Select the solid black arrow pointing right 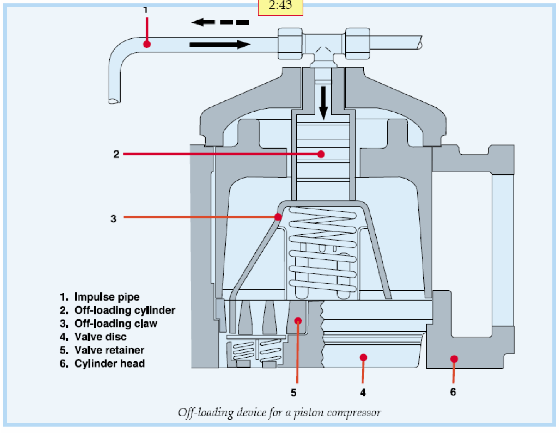tap(220, 45)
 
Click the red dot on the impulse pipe tap(147, 44)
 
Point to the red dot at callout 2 tap(321, 154)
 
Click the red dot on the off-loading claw tap(278, 217)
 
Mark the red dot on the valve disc tap(363, 358)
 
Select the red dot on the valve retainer tap(298, 321)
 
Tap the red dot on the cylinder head tap(454, 359)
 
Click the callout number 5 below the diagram tap(293, 393)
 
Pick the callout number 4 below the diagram tap(363, 393)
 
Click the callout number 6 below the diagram tap(453, 392)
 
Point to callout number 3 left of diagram tap(114, 219)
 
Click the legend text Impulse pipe tap(107, 297)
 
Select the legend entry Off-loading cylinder tap(124, 310)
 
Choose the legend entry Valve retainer tap(109, 350)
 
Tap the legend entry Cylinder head tap(109, 363)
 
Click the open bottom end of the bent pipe tap(114, 101)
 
